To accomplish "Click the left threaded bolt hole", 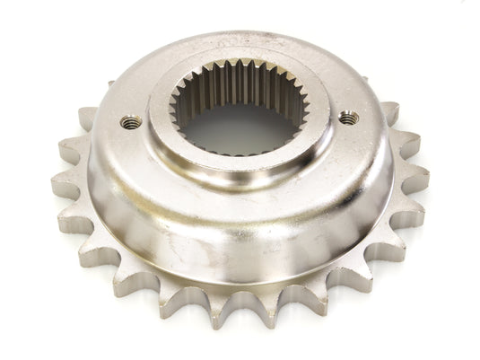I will [132, 121].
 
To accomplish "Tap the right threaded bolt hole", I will [345, 117].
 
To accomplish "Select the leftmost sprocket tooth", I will [65, 184].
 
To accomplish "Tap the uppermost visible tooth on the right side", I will [389, 113].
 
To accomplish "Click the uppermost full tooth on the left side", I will [87, 117].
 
